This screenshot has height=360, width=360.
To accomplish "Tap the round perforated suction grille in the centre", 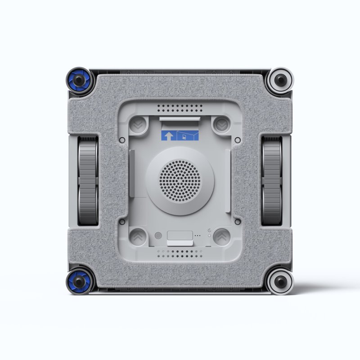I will pyautogui.click(x=180, y=180).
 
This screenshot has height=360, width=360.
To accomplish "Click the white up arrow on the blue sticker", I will pyautogui.click(x=168, y=136).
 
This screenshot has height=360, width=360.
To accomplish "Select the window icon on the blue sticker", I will pyautogui.click(x=184, y=136).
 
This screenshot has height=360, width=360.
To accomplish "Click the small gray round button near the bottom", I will pyautogui.click(x=157, y=235).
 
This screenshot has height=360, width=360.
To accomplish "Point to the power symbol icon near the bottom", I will pyautogui.click(x=210, y=230).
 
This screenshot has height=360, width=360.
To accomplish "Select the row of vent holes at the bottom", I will pyautogui.click(x=180, y=254).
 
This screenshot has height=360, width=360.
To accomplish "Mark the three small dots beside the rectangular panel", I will pyautogui.click(x=198, y=235).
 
